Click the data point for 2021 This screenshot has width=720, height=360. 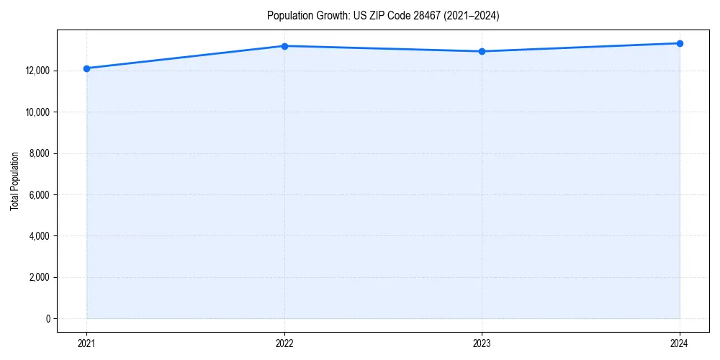[x=86, y=68]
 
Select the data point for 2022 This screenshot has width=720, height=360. [x=284, y=46]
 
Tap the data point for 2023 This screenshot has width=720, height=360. [x=482, y=51]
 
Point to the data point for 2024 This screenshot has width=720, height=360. [x=680, y=43]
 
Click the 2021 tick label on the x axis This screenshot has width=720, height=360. [x=86, y=343]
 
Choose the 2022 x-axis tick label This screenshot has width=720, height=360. [x=284, y=343]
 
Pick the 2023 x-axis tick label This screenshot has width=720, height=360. [x=482, y=343]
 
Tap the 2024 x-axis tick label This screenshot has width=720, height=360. [x=680, y=343]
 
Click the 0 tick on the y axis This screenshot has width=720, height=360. [x=48, y=318]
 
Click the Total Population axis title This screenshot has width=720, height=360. [x=14, y=181]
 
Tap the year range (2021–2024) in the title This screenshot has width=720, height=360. [x=468, y=15]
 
